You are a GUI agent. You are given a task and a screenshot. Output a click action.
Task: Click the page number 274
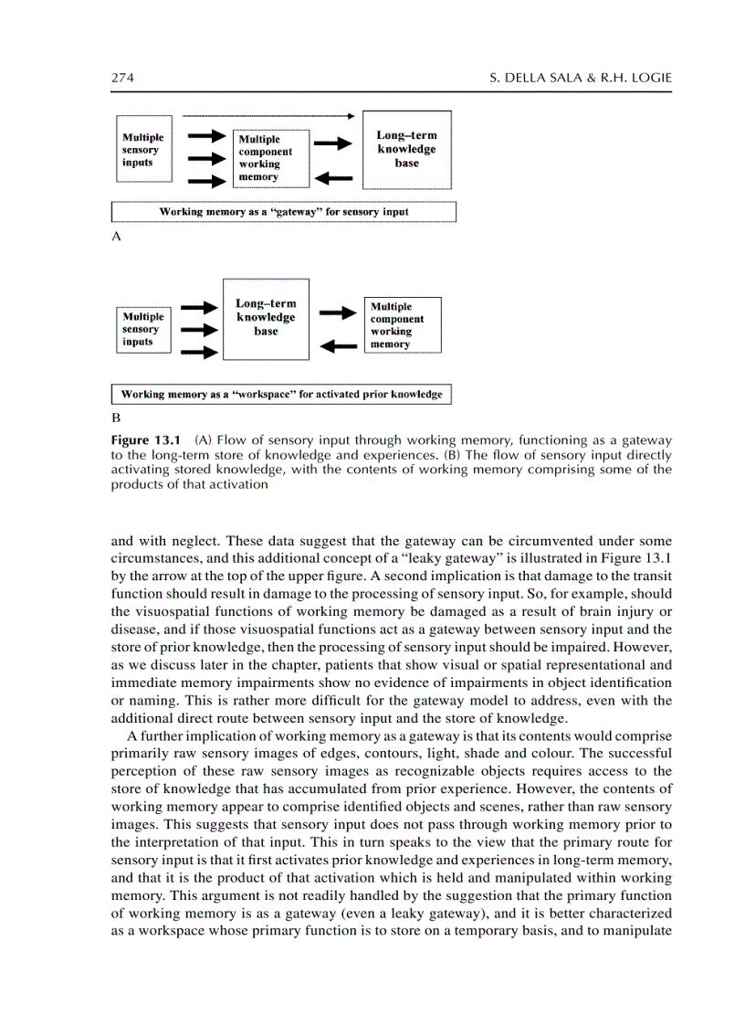tap(123, 79)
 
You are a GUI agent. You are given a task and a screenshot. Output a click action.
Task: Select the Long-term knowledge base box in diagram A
tap(406, 149)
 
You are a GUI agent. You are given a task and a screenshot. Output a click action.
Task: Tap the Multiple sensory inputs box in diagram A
tap(145, 151)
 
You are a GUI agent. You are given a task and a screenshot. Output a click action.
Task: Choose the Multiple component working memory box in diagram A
tap(271, 157)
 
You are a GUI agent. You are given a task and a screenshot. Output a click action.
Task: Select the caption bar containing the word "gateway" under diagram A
tap(283, 212)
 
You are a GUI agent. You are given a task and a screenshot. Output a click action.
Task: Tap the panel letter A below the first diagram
tap(116, 236)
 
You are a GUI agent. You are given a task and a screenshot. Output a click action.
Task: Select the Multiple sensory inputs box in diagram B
tap(144, 330)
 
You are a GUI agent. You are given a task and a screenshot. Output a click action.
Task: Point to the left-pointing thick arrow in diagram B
tap(338, 345)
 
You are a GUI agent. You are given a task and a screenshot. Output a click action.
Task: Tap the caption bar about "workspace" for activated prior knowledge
tap(281, 395)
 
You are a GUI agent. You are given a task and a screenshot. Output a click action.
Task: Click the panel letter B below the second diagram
tap(116, 418)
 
